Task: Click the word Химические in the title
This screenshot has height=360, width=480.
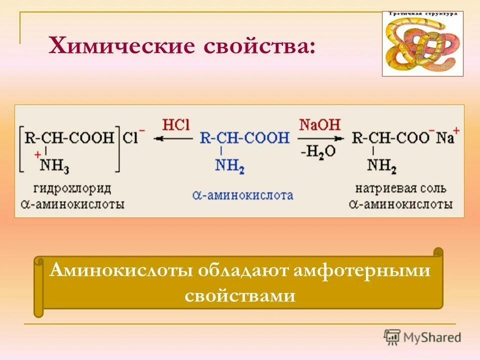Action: click(x=120, y=47)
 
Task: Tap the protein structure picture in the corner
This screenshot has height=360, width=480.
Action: click(x=422, y=43)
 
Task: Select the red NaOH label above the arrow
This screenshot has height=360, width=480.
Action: click(x=319, y=124)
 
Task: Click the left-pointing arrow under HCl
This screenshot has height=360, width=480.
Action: click(x=174, y=138)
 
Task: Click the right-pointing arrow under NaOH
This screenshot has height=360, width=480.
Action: click(x=320, y=138)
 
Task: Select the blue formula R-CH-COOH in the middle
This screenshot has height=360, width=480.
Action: click(x=244, y=137)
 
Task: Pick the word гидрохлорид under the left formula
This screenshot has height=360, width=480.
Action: click(x=72, y=189)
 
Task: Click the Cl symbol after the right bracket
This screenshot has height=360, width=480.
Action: click(x=131, y=137)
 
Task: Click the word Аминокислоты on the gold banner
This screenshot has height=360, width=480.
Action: click(x=120, y=271)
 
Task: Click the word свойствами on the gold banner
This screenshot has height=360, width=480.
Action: click(x=239, y=295)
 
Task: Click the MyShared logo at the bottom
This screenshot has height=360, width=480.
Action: click(x=422, y=337)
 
